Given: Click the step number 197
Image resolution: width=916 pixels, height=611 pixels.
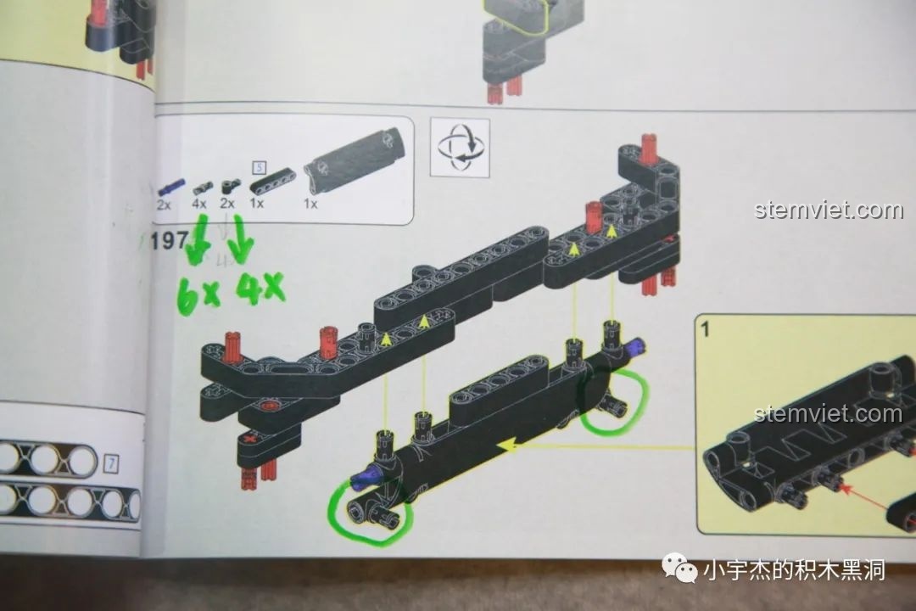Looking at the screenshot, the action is (169, 240).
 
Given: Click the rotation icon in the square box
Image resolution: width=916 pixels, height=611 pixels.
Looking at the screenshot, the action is (460, 148).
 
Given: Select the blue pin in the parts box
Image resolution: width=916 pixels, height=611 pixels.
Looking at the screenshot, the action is (171, 188).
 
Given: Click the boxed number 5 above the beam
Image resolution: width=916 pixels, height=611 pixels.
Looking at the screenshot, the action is (260, 168).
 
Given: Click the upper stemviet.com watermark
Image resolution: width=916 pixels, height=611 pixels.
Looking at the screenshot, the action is (828, 210).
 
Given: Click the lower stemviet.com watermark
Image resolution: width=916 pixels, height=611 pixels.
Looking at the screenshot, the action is (828, 414).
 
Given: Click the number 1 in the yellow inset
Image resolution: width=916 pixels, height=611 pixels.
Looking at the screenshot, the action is (705, 328).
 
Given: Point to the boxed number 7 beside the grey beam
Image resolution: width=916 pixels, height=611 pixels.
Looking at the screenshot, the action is (111, 463).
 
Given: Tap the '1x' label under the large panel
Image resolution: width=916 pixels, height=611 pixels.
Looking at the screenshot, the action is (310, 204).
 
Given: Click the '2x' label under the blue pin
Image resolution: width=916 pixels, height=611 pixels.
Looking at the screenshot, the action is (165, 205).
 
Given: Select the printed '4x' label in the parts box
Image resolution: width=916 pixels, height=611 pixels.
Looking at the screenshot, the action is (199, 204).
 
